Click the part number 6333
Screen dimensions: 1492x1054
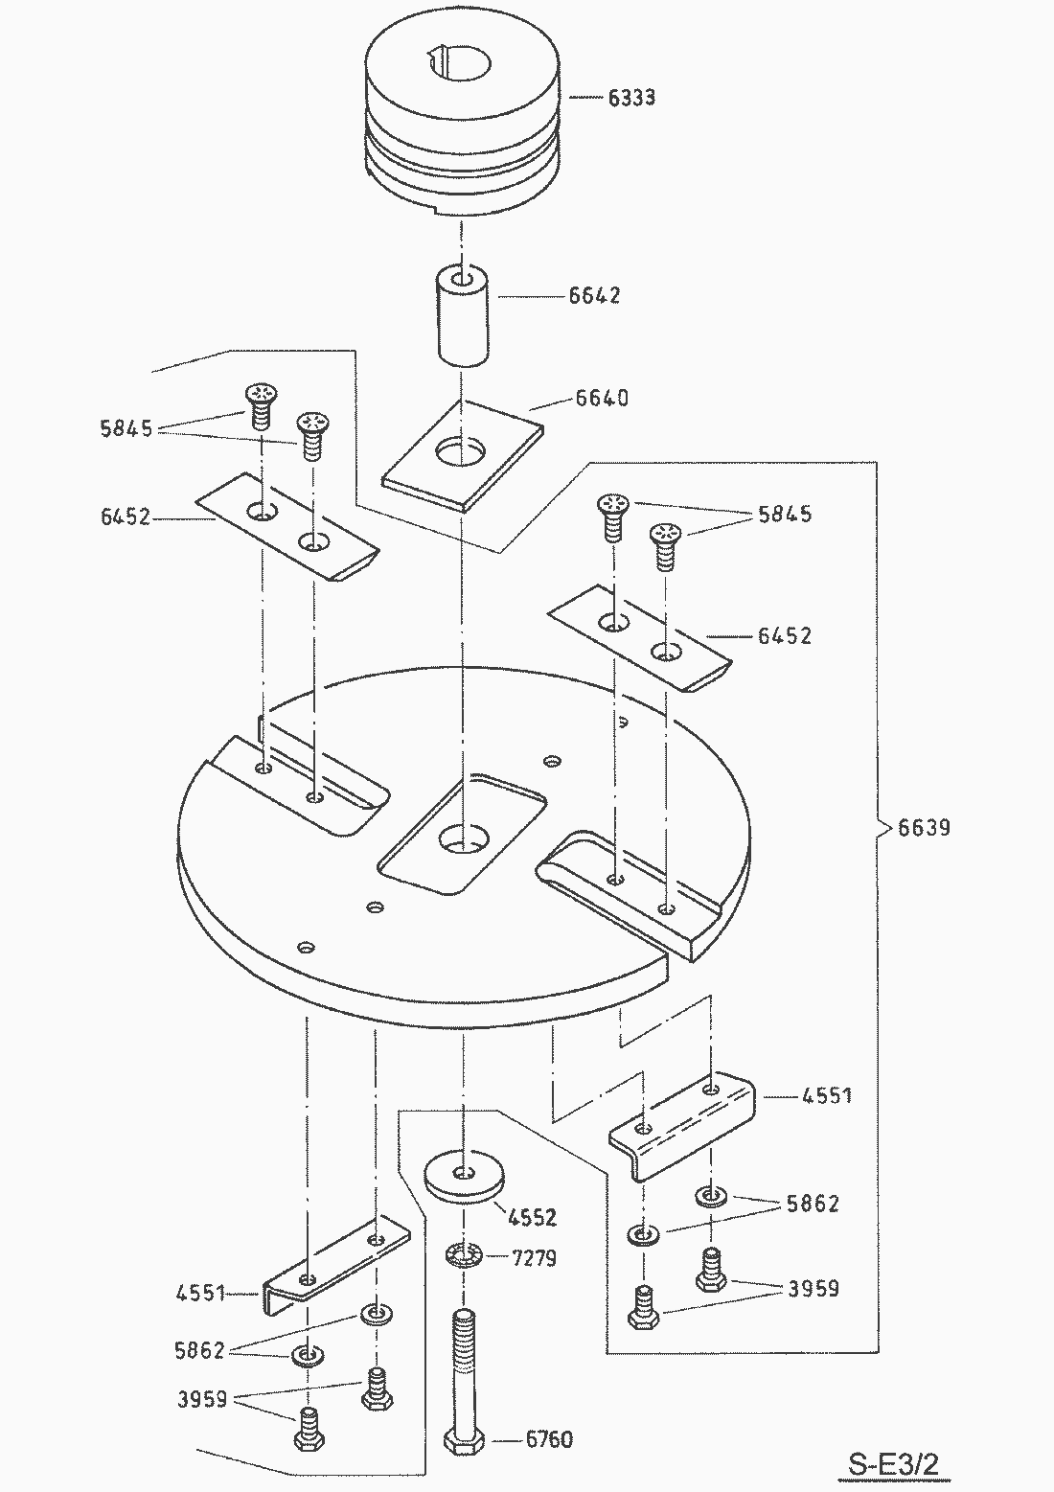click(631, 98)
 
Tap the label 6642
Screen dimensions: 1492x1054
click(594, 295)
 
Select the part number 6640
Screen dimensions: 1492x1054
click(602, 398)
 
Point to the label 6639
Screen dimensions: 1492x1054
click(925, 827)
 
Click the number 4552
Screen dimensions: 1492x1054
click(533, 1218)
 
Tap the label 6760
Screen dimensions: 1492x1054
click(549, 1439)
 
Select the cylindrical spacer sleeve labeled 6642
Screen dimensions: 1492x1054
click(464, 316)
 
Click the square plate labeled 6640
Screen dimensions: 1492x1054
click(462, 455)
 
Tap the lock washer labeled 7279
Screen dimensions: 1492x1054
click(464, 1254)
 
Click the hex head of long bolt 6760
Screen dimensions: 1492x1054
click(464, 1440)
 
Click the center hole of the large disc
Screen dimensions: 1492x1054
click(462, 841)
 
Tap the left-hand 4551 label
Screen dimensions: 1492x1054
click(200, 1294)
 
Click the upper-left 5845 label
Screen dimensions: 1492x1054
click(126, 428)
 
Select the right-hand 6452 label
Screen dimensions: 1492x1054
click(785, 635)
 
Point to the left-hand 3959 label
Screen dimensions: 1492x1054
click(201, 1400)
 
